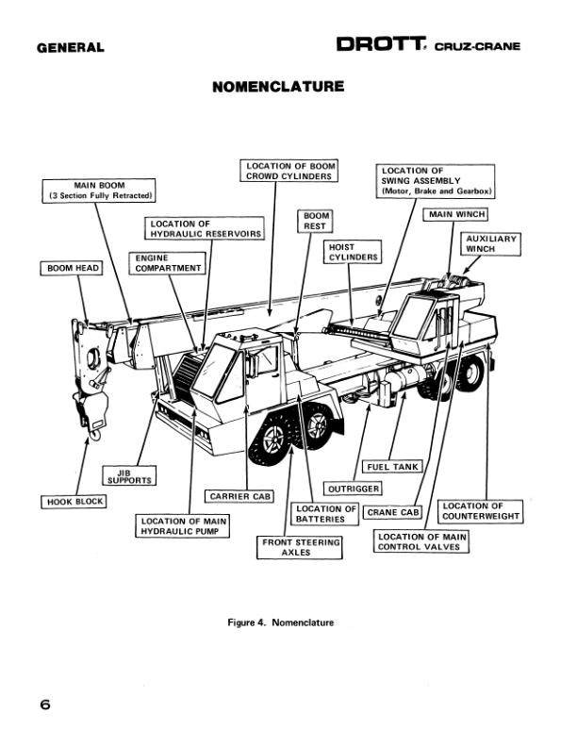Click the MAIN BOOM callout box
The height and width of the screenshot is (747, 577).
100,190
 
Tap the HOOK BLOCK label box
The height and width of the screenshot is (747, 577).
75,502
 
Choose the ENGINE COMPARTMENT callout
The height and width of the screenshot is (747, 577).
168,262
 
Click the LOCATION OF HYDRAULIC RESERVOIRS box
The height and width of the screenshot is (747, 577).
205,228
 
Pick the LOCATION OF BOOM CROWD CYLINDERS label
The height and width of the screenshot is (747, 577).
289,172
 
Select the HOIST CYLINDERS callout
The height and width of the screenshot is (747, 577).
353,252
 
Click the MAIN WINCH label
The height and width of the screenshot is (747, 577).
457,215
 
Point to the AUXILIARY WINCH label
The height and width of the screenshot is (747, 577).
491,244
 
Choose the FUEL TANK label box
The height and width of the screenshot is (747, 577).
392,466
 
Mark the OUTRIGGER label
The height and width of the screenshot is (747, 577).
353,489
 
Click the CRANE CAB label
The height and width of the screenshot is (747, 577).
393,513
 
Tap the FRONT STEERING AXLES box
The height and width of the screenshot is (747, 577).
301,548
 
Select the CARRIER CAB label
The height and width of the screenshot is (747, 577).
239,496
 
